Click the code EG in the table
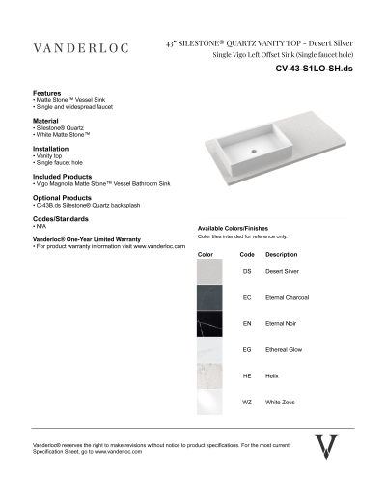coord(247,349)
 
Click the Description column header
coord(281,254)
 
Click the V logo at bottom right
coord(327,446)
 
